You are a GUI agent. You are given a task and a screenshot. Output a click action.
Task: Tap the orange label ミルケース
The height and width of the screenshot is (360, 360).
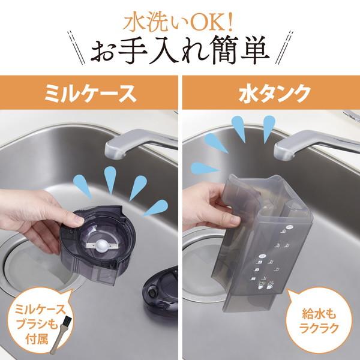coord(89,94)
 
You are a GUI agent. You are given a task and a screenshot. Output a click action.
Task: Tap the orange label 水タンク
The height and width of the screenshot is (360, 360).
coord(271,94)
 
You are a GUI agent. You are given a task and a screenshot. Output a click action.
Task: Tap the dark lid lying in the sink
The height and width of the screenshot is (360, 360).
coord(159,293)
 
